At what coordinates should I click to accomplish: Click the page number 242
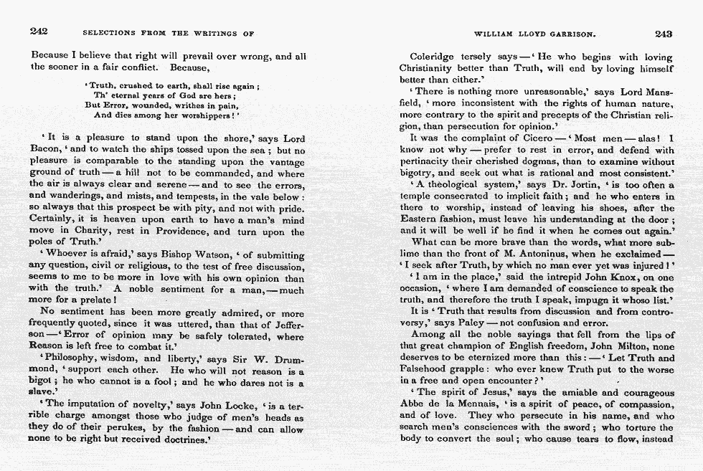[x=39, y=32]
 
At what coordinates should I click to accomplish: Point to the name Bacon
[x=45, y=151]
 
